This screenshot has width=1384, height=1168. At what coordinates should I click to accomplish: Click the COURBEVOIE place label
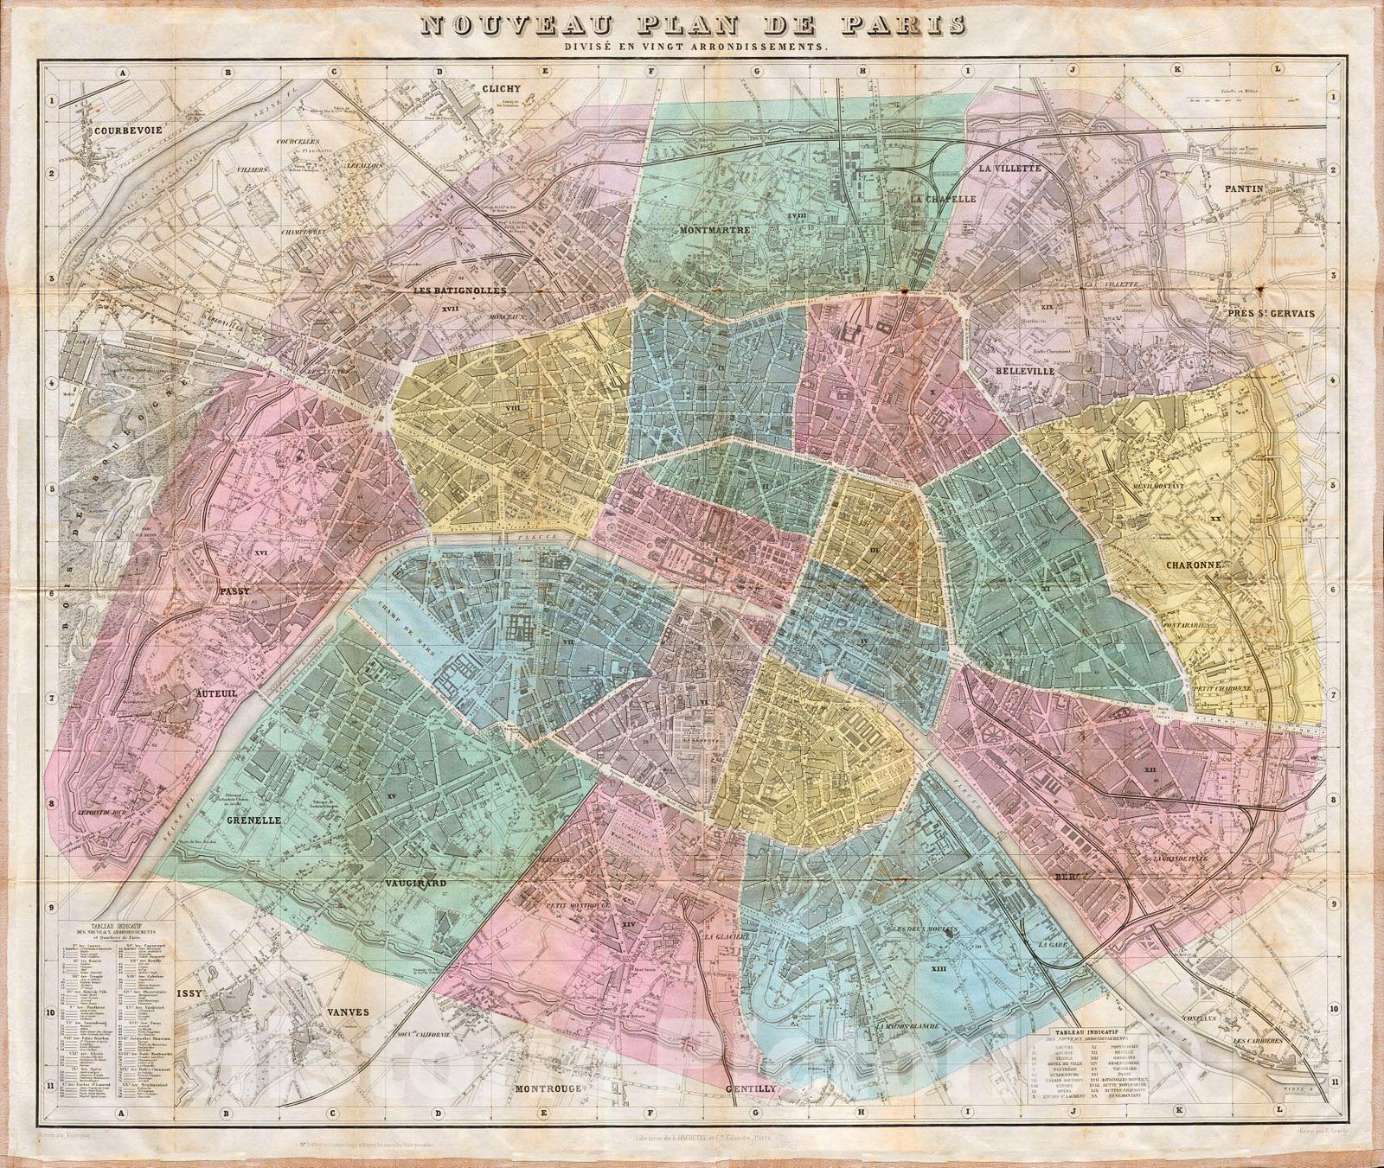(129, 131)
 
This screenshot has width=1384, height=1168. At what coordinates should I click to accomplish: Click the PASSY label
(235, 592)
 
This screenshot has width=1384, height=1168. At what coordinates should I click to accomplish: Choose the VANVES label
(348, 1012)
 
